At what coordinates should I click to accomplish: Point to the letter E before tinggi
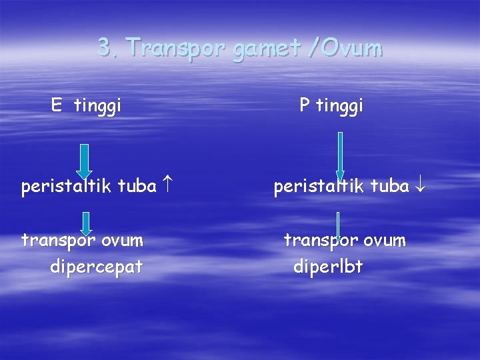pyautogui.click(x=57, y=105)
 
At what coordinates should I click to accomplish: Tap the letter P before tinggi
pyautogui.click(x=304, y=105)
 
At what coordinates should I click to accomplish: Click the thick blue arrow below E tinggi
pyautogui.click(x=85, y=161)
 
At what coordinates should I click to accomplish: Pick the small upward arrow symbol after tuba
pyautogui.click(x=168, y=187)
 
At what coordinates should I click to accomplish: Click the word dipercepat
pyautogui.click(x=96, y=267)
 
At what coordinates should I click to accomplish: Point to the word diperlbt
pyautogui.click(x=328, y=267)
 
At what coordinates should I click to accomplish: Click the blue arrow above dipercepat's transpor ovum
pyautogui.click(x=85, y=224)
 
